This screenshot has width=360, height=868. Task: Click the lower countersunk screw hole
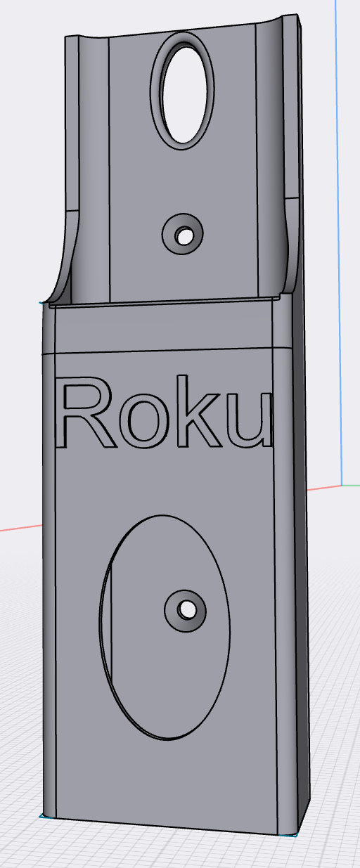pos(186,609)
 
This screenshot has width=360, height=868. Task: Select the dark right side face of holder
pos(300,562)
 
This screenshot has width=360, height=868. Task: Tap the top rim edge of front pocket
pos(162,303)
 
